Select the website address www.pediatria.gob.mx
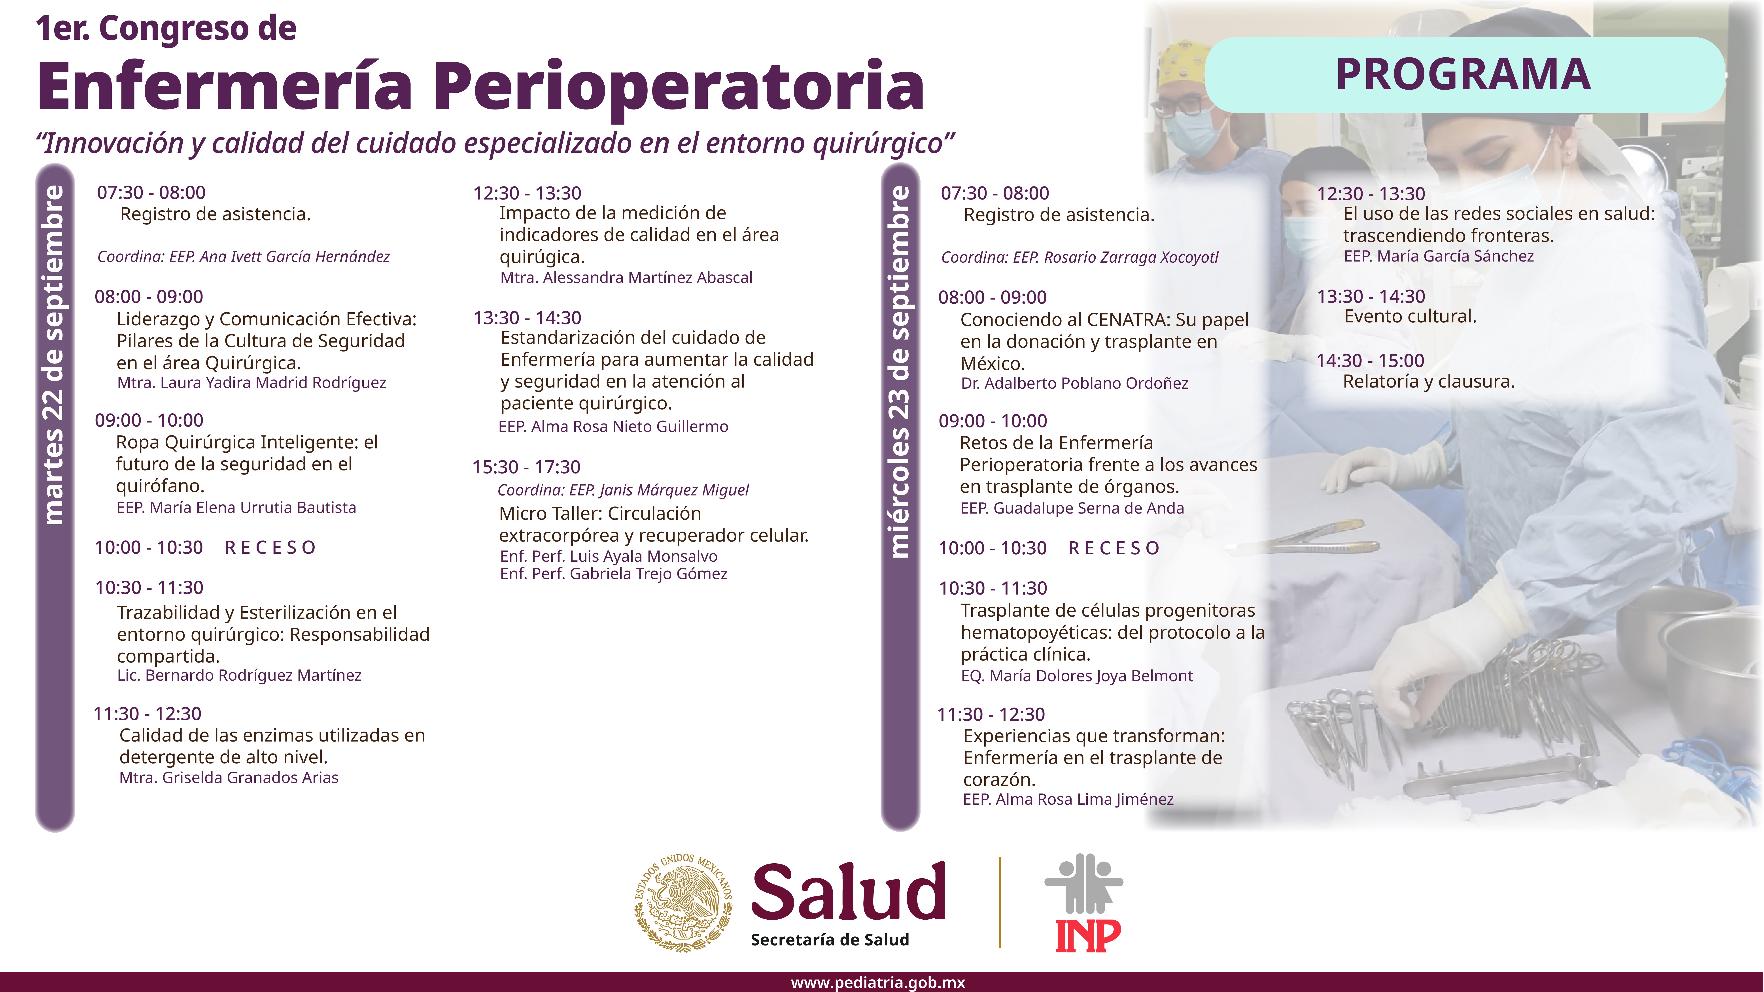click(878, 983)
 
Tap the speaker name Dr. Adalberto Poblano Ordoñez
click(1074, 383)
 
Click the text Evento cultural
click(1410, 316)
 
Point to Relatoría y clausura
click(1428, 381)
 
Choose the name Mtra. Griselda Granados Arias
click(229, 778)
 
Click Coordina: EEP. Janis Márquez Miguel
click(623, 490)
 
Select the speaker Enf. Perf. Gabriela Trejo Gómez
click(614, 574)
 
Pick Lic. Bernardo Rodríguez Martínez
click(239, 676)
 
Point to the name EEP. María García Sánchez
click(1439, 256)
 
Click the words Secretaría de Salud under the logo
click(830, 940)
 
